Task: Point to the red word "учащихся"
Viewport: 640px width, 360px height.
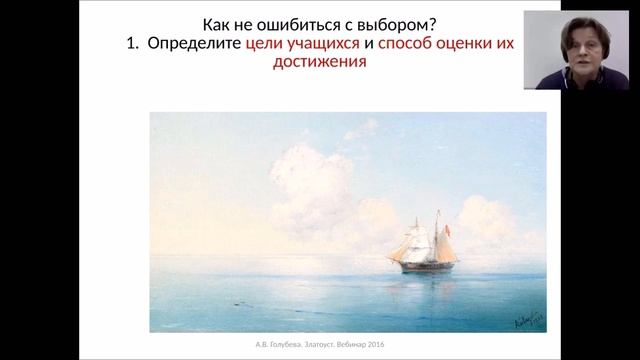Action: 324,44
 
